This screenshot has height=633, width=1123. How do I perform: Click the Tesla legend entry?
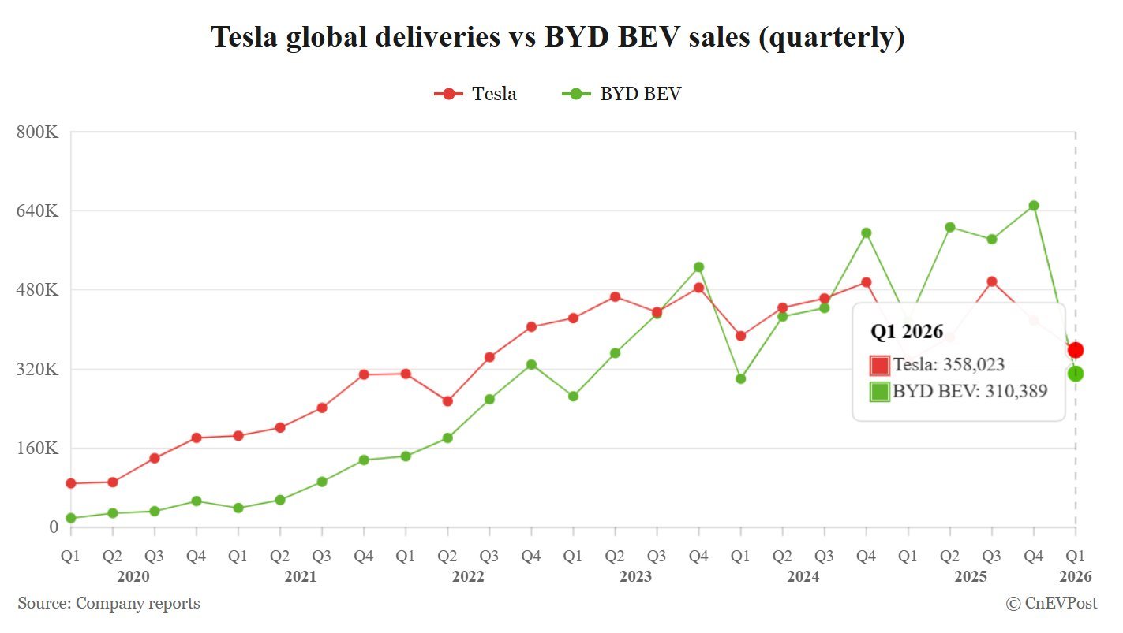[476, 94]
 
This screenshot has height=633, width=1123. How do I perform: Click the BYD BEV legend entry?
[622, 94]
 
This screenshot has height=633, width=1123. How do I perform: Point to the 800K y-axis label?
[38, 132]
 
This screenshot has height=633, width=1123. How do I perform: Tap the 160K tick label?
[38, 448]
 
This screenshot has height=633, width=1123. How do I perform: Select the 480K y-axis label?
[38, 289]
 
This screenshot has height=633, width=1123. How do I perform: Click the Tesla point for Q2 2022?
[447, 401]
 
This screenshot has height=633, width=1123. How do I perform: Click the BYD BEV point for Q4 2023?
[698, 267]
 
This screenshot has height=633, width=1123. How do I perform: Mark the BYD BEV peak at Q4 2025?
[1034, 206]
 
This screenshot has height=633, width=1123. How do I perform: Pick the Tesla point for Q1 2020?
[71, 483]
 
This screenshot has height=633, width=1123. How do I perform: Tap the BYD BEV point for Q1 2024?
[740, 378]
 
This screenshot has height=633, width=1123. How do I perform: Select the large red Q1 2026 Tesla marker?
[1076, 350]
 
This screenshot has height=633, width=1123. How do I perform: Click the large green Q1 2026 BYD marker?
[1076, 374]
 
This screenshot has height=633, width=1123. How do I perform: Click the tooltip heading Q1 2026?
[907, 332]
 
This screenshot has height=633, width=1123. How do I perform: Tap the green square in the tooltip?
[879, 392]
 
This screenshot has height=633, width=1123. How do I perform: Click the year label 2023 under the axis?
[636, 577]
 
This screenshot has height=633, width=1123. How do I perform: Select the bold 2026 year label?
[1076, 577]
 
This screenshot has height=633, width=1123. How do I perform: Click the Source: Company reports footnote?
[109, 604]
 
